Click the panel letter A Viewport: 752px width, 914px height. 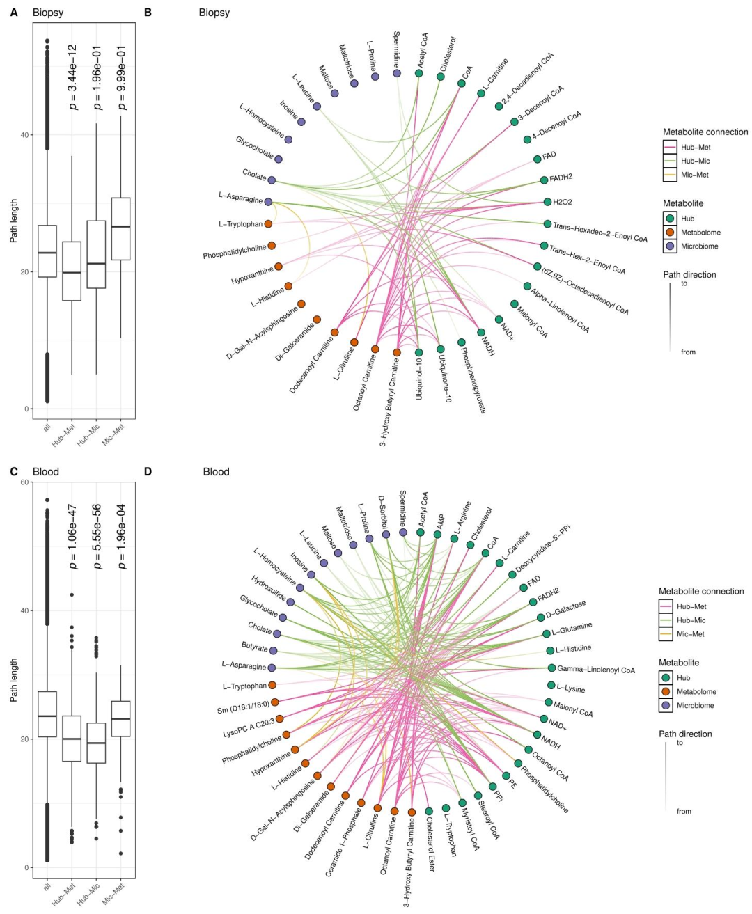(13, 12)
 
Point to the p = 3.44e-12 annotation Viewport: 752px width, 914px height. (72, 77)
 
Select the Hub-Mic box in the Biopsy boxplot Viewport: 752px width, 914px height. (96, 254)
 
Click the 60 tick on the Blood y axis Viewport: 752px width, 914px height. (24, 482)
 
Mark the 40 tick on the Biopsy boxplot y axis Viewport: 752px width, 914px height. (24, 135)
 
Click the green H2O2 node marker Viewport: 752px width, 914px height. (547, 202)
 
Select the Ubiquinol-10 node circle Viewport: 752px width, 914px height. (419, 353)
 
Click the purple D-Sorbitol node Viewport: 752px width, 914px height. (386, 535)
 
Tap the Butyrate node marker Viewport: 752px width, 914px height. (274, 650)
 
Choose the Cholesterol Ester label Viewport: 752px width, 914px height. (432, 844)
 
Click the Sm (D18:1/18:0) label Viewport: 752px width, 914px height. (244, 709)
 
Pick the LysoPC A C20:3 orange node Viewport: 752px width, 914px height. (279, 718)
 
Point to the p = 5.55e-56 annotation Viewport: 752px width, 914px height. (97, 537)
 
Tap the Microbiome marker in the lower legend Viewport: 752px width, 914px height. (666, 705)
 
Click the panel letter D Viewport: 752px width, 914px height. (147, 471)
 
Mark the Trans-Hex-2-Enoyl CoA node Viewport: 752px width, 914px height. (544, 246)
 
